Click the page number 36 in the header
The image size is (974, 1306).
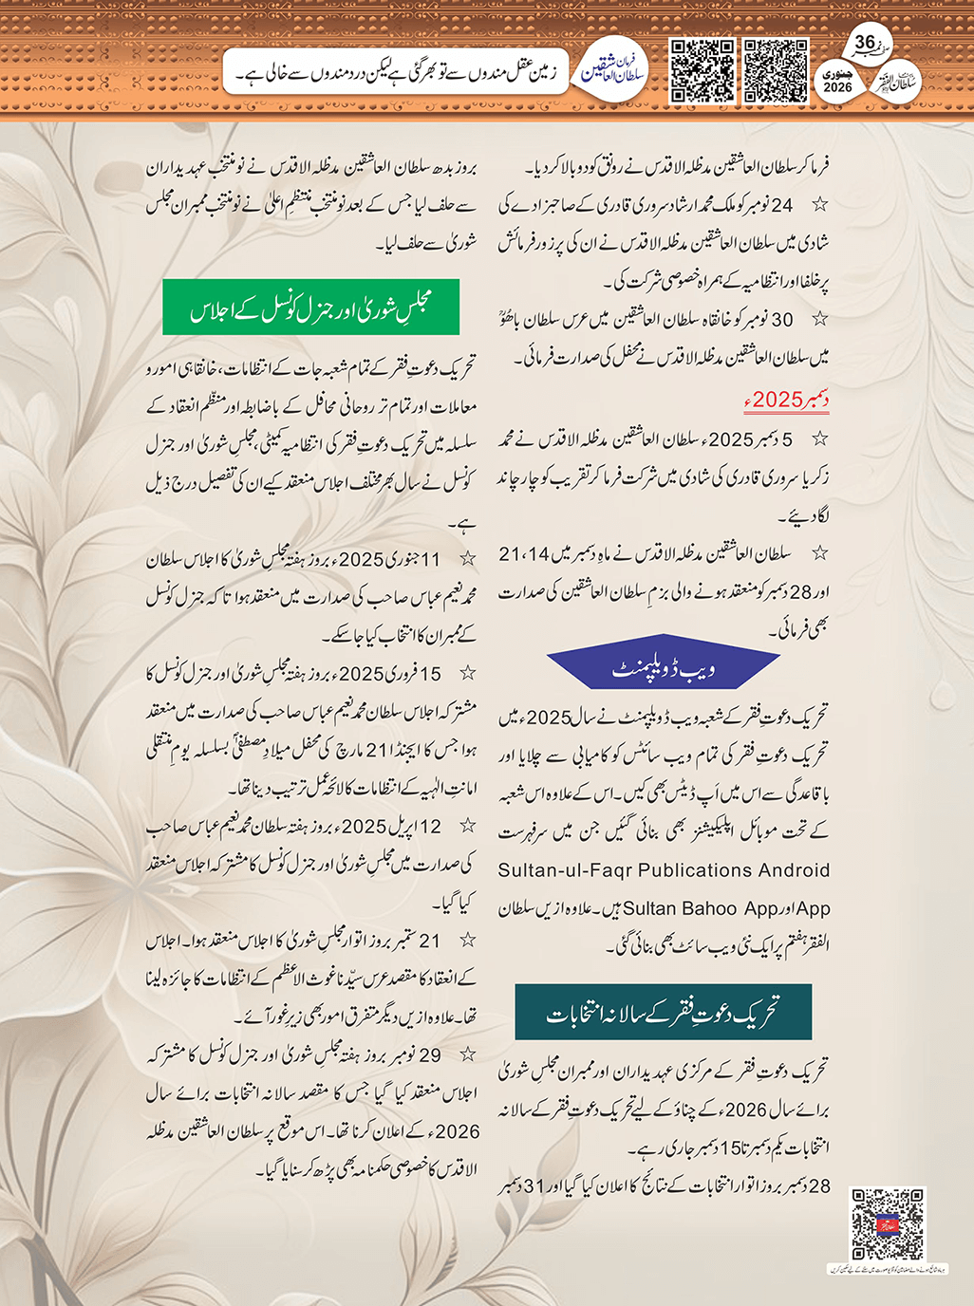pyautogui.click(x=865, y=43)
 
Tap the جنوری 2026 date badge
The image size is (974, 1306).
pyautogui.click(x=838, y=81)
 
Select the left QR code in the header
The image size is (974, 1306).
pyautogui.click(x=702, y=70)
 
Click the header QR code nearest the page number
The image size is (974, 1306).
pyautogui.click(x=776, y=70)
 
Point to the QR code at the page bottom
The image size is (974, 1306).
pyautogui.click(x=887, y=1224)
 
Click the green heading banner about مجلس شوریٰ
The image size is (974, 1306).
pyautogui.click(x=310, y=307)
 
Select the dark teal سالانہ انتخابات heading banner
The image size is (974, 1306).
pyautogui.click(x=663, y=1012)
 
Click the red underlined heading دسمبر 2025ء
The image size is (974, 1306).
pyautogui.click(x=786, y=400)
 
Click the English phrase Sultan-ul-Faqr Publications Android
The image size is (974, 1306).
pyautogui.click(x=664, y=870)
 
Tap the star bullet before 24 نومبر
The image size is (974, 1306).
pyautogui.click(x=819, y=205)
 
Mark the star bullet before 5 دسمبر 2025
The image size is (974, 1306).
pyautogui.click(x=819, y=439)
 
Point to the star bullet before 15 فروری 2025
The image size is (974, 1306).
pyautogui.click(x=467, y=674)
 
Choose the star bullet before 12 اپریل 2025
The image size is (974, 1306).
pyautogui.click(x=467, y=827)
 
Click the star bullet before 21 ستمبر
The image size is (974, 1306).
pyautogui.click(x=467, y=941)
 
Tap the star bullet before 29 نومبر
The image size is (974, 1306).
pyautogui.click(x=467, y=1054)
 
